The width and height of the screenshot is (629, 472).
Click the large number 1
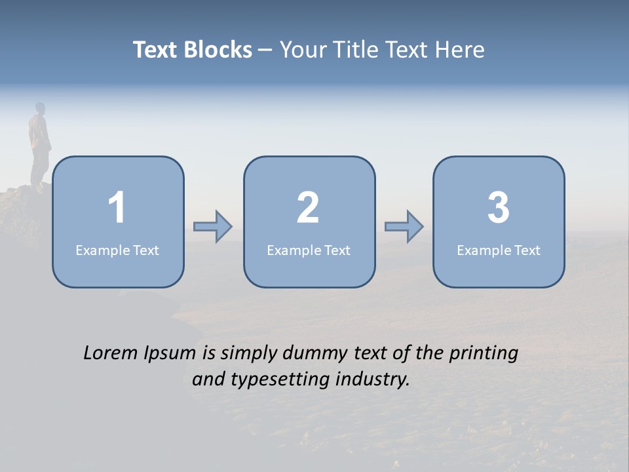click(117, 208)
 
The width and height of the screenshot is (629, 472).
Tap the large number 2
click(308, 208)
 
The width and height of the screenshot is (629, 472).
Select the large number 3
click(499, 208)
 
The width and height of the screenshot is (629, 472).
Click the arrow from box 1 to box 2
click(213, 227)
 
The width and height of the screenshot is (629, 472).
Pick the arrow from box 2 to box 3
click(404, 227)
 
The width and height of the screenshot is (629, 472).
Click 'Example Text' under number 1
click(117, 250)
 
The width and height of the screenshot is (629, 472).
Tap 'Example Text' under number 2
click(309, 250)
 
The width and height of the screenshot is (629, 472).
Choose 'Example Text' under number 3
click(499, 250)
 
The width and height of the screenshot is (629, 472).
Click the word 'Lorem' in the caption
click(110, 353)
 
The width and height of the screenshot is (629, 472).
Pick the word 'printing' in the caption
click(483, 354)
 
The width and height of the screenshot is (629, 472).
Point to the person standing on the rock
click(40, 144)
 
